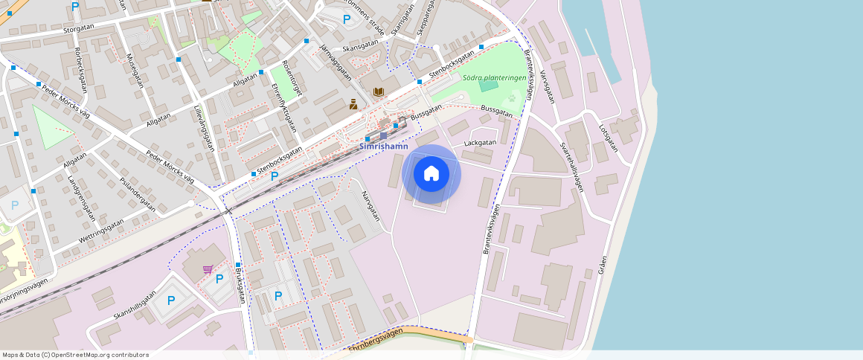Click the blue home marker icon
click(431, 174)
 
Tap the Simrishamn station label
click(384, 147)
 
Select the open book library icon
click(379, 91)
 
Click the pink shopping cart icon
click(208, 269)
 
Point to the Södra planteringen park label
click(494, 77)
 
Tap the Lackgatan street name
click(480, 141)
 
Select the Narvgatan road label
click(370, 206)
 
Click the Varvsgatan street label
click(547, 87)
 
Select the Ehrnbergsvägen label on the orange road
click(375, 339)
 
